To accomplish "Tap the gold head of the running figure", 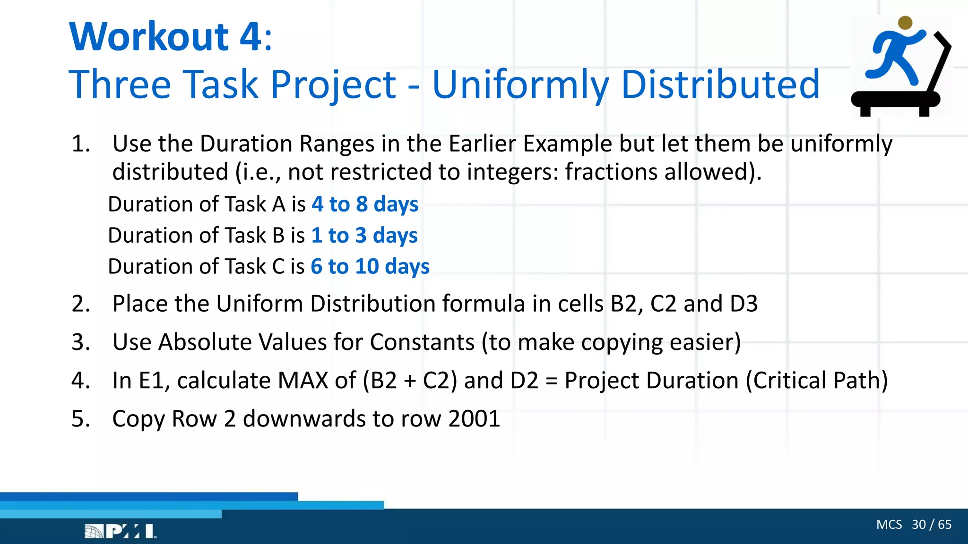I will tap(905, 23).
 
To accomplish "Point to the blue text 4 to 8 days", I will tap(365, 204).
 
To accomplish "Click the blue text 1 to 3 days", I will tap(364, 236).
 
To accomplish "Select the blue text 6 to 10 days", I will tap(370, 267).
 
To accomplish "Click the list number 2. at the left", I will tap(81, 304).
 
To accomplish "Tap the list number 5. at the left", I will tap(81, 419).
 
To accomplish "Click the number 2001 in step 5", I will tap(474, 419).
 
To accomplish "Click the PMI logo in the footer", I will tap(120, 531).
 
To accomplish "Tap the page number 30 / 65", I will tap(931, 525).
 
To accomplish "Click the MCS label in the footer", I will tap(889, 525).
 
